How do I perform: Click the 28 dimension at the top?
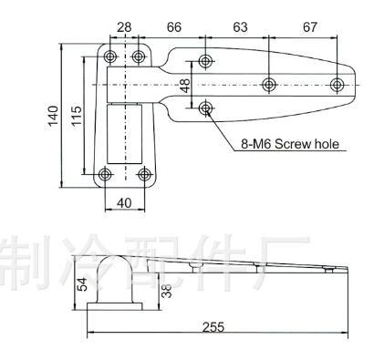click(x=125, y=27)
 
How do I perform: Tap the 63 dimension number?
click(x=240, y=27)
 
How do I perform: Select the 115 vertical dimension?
click(x=78, y=117)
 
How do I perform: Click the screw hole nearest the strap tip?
click(x=338, y=85)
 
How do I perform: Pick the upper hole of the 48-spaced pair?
click(x=205, y=61)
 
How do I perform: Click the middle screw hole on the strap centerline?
click(x=269, y=85)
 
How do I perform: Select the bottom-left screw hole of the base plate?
click(x=107, y=175)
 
